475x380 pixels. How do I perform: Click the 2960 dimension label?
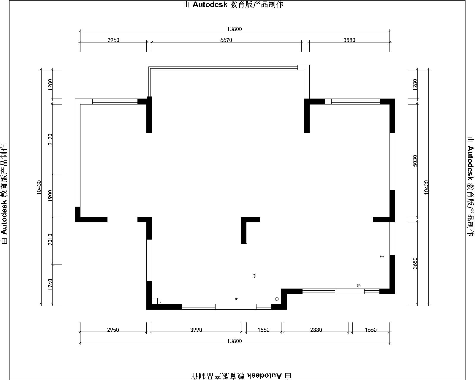[x=113, y=40]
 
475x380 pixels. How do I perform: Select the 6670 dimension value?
[x=226, y=40]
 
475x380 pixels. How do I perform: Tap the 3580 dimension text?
[x=349, y=40]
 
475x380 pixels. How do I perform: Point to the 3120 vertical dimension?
[x=50, y=139]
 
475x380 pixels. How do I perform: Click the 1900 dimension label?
[x=50, y=195]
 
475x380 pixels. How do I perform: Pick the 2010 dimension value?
[x=50, y=239]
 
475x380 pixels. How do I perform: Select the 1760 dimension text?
[x=50, y=285]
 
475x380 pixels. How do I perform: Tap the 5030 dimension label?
[x=415, y=161]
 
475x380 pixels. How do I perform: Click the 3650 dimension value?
[x=415, y=263]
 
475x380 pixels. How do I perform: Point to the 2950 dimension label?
[x=113, y=330]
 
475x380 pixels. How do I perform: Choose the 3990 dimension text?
[x=196, y=330]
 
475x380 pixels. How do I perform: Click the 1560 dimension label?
[x=264, y=330]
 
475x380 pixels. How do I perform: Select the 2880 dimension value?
[x=316, y=330]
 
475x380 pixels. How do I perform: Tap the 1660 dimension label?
[x=370, y=330]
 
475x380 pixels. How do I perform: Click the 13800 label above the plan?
[x=235, y=29]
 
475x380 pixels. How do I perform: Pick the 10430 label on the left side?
[x=39, y=187]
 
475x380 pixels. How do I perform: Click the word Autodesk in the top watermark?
[x=210, y=4]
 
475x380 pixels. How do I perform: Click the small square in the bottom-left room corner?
[x=154, y=301]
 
